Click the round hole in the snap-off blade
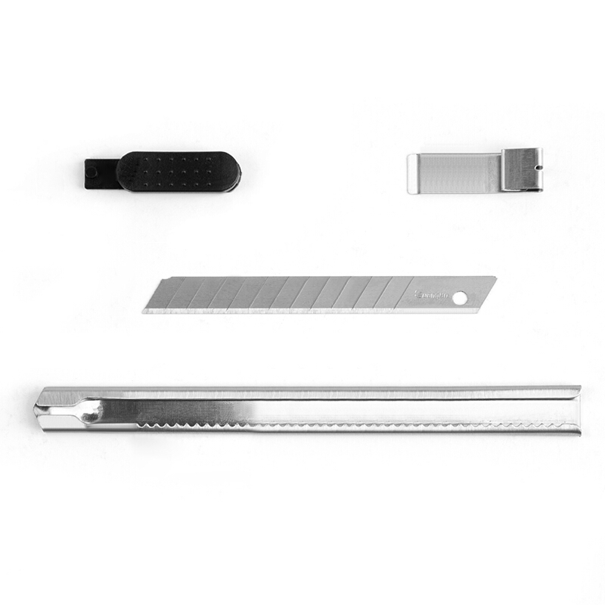tap(459, 298)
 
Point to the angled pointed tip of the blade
tap(148, 306)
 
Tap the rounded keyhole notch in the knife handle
tap(89, 412)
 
